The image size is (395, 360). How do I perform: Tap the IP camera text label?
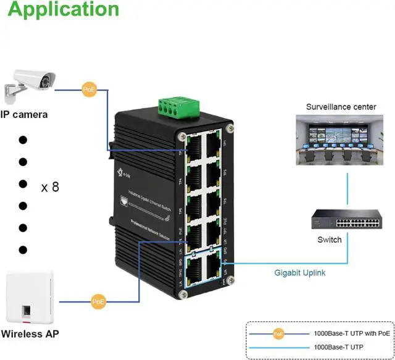(24, 114)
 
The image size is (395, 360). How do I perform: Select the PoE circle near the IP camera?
(89, 90)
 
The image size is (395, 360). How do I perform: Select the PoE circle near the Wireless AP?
(98, 302)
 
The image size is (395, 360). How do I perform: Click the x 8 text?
(50, 187)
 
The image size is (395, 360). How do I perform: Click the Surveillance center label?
(341, 107)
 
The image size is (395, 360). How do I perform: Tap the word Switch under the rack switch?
(329, 240)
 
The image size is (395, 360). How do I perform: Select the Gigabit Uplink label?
(301, 272)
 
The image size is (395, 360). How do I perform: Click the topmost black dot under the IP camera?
(23, 139)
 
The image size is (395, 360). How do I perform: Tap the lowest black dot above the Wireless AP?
(23, 249)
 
